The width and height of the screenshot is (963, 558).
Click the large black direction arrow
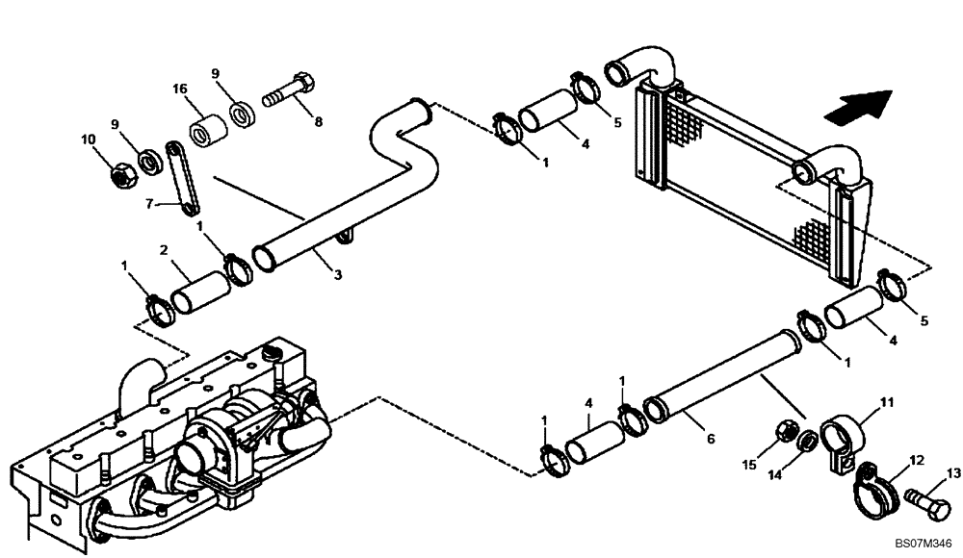(x=857, y=105)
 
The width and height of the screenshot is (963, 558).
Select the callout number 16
(x=180, y=89)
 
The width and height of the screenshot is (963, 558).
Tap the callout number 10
(x=89, y=139)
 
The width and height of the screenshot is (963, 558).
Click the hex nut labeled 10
(x=121, y=174)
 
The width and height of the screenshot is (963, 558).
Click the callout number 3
(x=337, y=275)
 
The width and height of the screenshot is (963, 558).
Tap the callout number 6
(x=711, y=439)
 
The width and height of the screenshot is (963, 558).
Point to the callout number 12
(x=917, y=460)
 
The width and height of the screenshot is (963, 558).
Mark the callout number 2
(x=164, y=250)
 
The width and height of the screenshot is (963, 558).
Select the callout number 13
(x=953, y=472)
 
